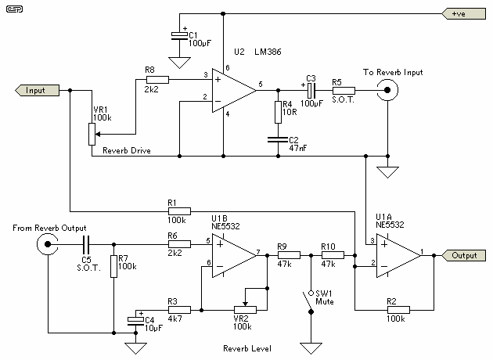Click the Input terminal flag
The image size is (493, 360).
click(x=37, y=90)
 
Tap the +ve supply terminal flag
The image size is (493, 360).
click(x=462, y=13)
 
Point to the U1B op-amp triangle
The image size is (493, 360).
click(x=233, y=255)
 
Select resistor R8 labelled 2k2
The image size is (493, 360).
click(x=157, y=79)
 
